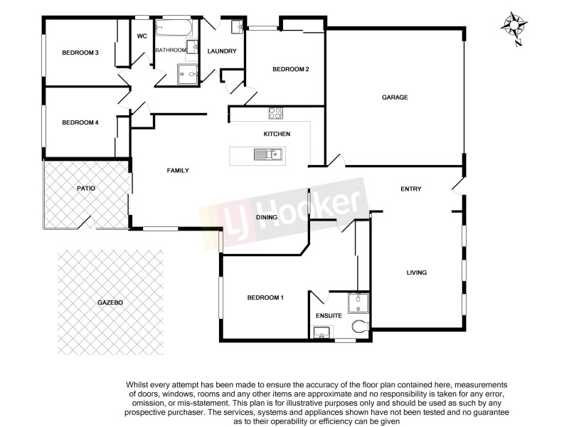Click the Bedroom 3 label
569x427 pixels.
coord(80,52)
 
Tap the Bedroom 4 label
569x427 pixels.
coord(80,122)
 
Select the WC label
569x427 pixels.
coord(142,36)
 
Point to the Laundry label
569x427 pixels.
coord(221,51)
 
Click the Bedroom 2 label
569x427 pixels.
coord(290,69)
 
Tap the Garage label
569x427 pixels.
coord(395,97)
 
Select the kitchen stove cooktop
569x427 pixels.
coord(275,112)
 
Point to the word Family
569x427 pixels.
coord(178,170)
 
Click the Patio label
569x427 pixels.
coord(87,188)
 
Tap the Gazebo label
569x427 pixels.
coord(110,302)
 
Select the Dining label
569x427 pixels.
coord(267,217)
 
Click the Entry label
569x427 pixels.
coord(411,189)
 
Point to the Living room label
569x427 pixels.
coord(416,273)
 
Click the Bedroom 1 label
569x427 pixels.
coord(265,297)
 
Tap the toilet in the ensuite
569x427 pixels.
coord(360,327)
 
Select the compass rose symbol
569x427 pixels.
coord(513,26)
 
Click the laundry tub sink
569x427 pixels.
coord(237,28)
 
